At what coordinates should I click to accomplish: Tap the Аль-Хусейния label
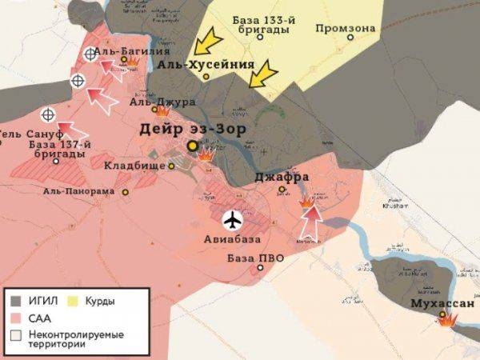click(206, 65)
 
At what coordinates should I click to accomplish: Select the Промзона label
click(345, 29)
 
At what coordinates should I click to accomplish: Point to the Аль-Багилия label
click(124, 51)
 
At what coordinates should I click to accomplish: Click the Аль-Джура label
click(162, 102)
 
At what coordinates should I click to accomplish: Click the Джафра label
click(282, 178)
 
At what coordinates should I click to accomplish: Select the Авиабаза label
click(233, 238)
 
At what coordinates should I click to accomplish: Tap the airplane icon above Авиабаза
click(233, 219)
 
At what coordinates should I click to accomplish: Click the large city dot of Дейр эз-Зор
click(193, 147)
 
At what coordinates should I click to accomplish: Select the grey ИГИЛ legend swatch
click(16, 302)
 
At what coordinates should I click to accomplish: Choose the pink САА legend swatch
click(16, 318)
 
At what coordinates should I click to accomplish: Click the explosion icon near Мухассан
click(445, 319)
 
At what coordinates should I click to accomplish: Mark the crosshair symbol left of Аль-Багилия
click(90, 54)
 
